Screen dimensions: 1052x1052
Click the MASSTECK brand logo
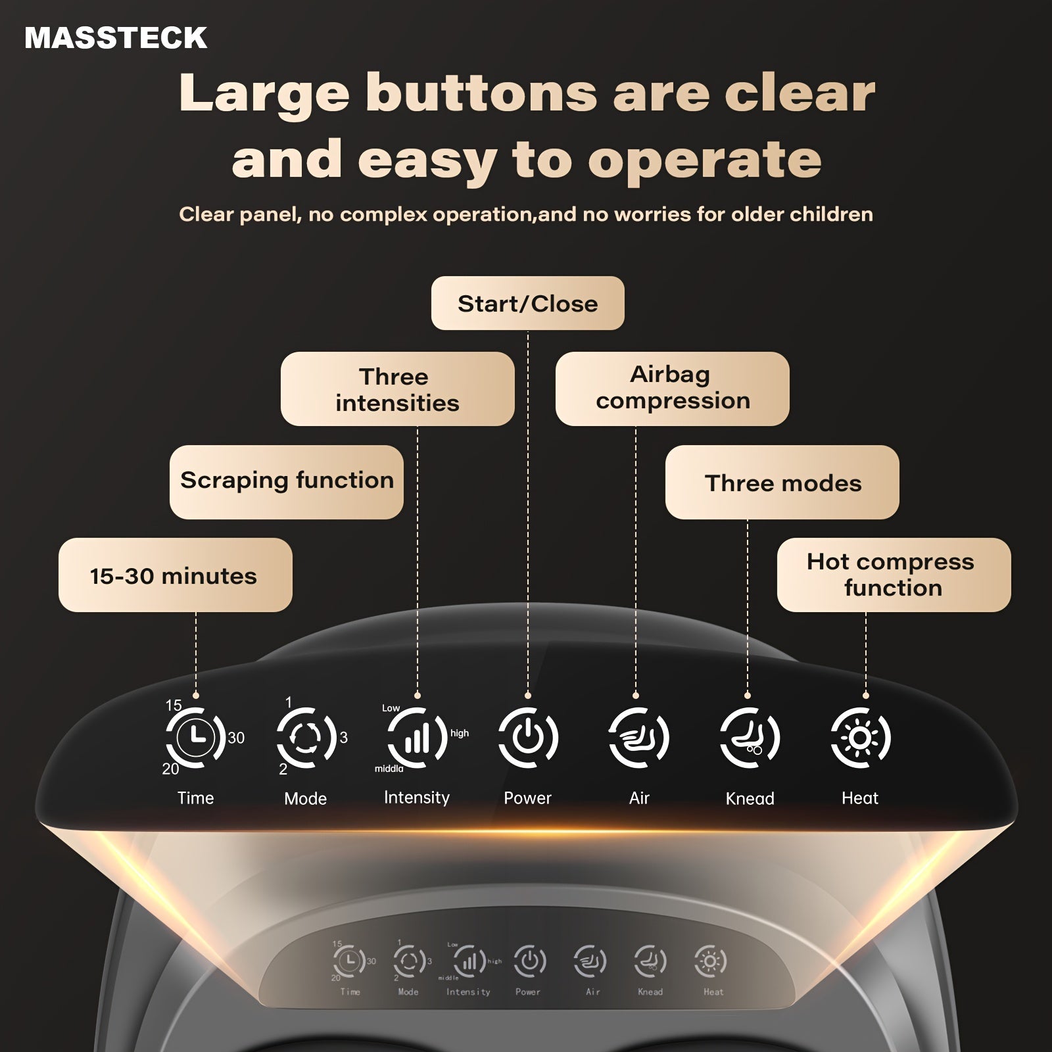(x=116, y=38)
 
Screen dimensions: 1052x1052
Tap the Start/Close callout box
(x=527, y=303)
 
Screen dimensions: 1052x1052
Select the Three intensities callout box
(x=397, y=389)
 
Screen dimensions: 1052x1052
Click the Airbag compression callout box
(x=672, y=389)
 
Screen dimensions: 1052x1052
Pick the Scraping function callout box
(x=286, y=482)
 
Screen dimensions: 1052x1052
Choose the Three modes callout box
(x=782, y=482)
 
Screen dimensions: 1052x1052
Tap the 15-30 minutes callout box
(x=175, y=575)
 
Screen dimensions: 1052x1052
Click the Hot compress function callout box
(x=894, y=575)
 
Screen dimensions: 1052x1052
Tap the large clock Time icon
(x=196, y=738)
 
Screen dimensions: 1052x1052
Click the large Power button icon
(x=527, y=738)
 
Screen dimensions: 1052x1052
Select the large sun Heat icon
(x=860, y=738)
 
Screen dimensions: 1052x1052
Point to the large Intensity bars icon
(x=417, y=738)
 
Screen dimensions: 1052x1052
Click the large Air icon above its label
(x=638, y=738)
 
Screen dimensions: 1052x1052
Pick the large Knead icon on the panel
(x=750, y=738)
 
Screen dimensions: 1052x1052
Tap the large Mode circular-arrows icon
(x=306, y=738)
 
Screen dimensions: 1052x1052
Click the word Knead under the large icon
(x=750, y=798)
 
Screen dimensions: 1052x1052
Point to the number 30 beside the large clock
(x=236, y=738)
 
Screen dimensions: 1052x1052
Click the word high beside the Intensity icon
(x=460, y=733)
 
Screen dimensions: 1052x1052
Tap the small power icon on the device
(x=529, y=961)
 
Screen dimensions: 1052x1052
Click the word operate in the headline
(x=704, y=160)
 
